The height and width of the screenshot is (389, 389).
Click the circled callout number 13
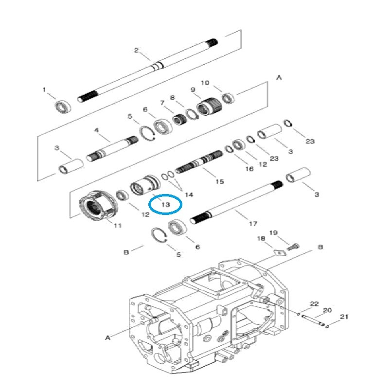(x=165, y=205)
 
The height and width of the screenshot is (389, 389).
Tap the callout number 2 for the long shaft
(x=136, y=50)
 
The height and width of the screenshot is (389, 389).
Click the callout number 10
(x=205, y=83)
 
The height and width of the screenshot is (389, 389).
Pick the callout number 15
(x=219, y=181)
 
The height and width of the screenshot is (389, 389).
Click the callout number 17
(x=253, y=224)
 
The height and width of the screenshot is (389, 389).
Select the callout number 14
(x=189, y=194)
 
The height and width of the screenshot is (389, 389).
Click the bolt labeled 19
(x=291, y=248)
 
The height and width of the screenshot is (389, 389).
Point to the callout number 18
(x=261, y=238)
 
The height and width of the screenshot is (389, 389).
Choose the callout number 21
(x=344, y=317)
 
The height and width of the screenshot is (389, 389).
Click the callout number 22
(x=314, y=304)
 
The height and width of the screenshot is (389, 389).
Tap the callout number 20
(x=327, y=310)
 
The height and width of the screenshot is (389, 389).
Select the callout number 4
(x=96, y=130)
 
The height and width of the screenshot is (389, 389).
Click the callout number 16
(x=249, y=169)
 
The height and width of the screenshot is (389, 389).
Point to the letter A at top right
(x=279, y=77)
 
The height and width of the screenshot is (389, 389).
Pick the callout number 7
(x=162, y=103)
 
